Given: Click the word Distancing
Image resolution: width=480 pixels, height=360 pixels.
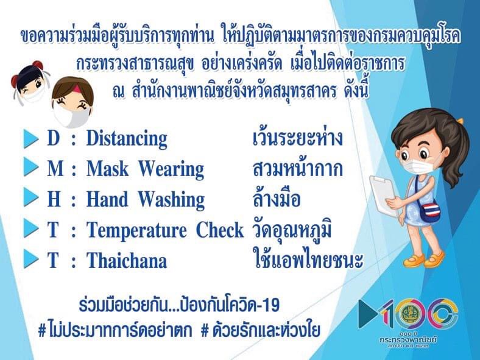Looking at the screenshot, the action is [x=127, y=139].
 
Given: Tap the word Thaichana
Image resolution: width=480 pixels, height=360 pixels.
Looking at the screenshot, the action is [x=127, y=261].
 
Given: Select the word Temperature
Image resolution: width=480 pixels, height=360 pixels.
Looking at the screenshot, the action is [x=136, y=231].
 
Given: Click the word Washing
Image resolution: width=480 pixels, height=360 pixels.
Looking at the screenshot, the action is [x=171, y=200].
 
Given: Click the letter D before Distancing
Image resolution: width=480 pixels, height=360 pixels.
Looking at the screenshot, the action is [x=53, y=138].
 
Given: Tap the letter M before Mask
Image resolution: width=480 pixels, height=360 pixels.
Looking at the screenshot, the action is [x=55, y=169].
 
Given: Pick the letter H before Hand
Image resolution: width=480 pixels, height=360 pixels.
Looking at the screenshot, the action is [x=54, y=199].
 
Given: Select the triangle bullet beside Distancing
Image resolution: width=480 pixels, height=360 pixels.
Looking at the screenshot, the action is [x=31, y=138].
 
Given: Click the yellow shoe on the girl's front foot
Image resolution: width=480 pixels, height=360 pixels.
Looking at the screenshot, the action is [x=414, y=261].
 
